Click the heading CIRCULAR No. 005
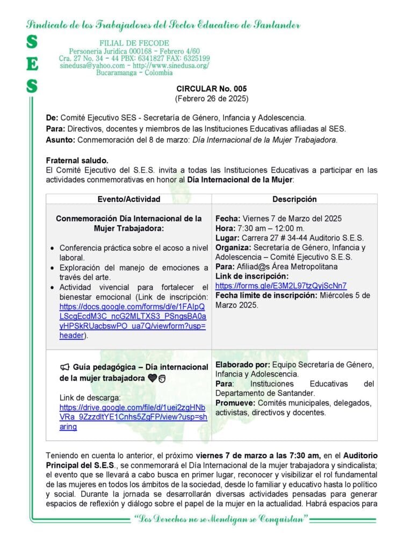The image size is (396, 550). click(212, 89)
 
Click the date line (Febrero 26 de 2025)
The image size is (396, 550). click(212, 99)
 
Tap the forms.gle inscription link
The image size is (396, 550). click(280, 286)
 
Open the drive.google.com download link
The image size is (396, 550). click(132, 417)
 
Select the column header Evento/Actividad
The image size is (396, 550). click(129, 199)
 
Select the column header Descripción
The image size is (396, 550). click(294, 199)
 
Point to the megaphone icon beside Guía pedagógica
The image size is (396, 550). click(65, 367)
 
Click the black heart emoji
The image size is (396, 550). click(152, 378)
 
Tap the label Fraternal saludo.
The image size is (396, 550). click(77, 160)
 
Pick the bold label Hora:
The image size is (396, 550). click(225, 228)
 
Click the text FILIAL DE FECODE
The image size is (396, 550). click(134, 43)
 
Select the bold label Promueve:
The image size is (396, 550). click(235, 403)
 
